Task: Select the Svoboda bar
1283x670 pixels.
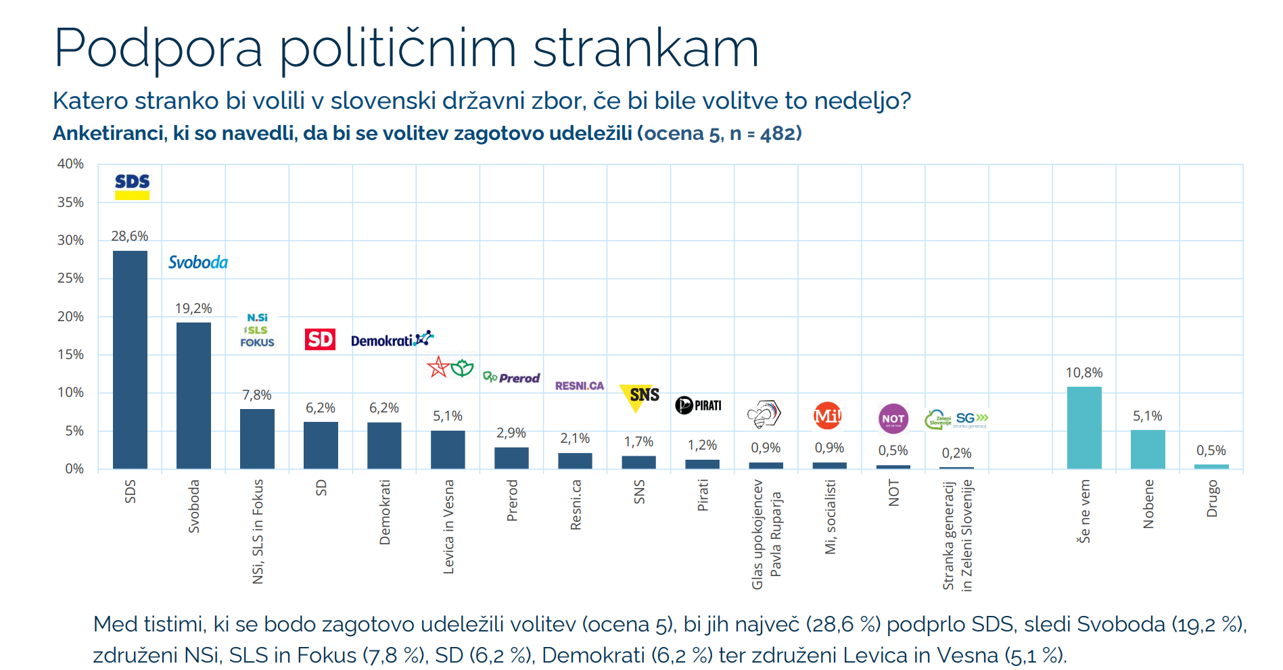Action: (193, 395)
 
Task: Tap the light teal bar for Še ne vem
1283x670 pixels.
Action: (1084, 427)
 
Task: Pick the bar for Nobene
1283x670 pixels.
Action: (1148, 449)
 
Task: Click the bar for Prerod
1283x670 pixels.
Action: (511, 458)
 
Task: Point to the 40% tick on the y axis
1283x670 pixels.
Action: (70, 164)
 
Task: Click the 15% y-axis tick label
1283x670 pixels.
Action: (70, 354)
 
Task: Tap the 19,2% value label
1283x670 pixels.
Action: (193, 308)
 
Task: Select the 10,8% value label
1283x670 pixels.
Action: (1084, 373)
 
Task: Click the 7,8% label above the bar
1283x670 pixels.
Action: (257, 395)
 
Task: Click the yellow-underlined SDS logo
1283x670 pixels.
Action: (132, 186)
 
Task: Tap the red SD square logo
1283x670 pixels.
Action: (320, 339)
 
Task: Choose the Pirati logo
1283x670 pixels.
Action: (699, 405)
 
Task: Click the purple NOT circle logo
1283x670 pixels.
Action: (893, 419)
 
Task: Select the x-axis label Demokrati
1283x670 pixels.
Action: (385, 512)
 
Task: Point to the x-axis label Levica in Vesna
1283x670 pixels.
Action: (448, 527)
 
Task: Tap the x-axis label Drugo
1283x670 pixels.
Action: (1211, 498)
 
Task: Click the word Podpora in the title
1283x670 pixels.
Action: (158, 49)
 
